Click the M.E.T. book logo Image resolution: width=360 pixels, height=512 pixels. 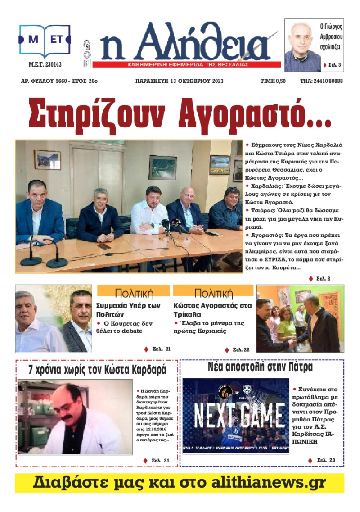coord(45,41)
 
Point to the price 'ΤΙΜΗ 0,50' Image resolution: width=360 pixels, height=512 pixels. coord(273,82)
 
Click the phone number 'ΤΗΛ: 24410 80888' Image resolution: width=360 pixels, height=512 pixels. coord(321,82)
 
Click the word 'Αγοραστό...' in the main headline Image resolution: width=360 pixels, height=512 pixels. coord(255,115)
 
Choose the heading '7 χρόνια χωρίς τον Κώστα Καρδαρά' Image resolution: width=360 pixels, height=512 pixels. coord(98,370)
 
